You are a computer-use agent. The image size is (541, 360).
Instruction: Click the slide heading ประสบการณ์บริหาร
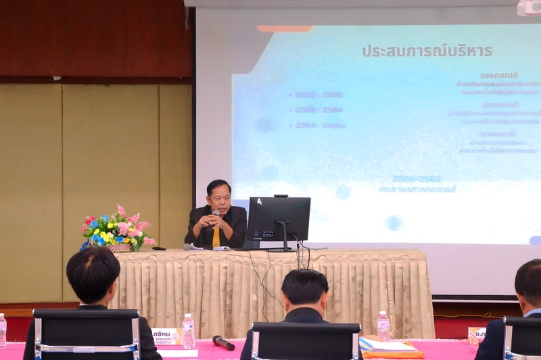point(427,51)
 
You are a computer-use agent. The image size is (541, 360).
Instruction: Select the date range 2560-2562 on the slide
point(417,179)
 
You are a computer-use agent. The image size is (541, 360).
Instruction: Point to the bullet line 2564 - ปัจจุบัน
point(320,125)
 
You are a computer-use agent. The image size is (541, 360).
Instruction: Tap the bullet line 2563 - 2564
point(319,109)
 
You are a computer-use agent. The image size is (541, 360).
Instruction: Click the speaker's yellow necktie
point(216,236)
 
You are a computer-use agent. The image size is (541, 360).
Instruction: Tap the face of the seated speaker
point(219,198)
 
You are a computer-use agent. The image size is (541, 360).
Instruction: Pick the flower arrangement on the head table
point(117,230)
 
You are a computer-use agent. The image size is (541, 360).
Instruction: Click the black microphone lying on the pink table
point(223,342)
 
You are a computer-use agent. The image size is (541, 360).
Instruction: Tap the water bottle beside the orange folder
point(383,326)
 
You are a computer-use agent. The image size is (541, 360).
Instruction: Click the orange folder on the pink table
point(392,347)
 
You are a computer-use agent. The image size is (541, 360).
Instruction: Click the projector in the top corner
point(529,8)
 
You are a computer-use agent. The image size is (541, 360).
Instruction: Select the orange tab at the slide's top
point(285,29)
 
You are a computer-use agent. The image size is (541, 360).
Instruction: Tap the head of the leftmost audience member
point(93,275)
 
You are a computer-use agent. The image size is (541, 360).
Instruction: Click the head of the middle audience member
point(305,289)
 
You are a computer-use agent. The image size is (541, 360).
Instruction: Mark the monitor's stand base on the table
point(279,249)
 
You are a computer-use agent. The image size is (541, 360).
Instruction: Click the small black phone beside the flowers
point(159,249)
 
